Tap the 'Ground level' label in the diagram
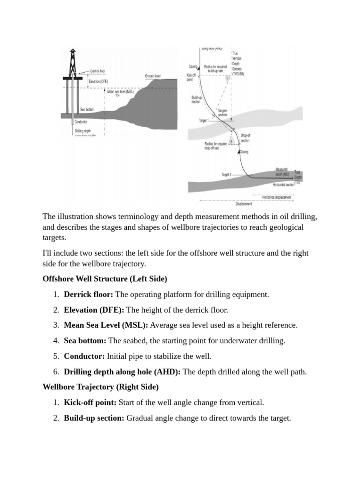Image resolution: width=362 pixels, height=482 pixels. click(x=154, y=76)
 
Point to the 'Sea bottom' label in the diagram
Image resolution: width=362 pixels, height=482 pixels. click(x=89, y=108)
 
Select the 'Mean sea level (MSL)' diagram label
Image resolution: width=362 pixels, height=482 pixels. click(x=117, y=92)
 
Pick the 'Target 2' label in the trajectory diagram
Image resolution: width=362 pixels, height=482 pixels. click(x=226, y=174)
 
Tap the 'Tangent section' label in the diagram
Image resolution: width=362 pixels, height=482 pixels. click(x=222, y=112)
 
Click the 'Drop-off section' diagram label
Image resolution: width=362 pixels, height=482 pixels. click(x=245, y=137)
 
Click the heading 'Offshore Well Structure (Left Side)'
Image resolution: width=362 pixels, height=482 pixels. click(x=105, y=279)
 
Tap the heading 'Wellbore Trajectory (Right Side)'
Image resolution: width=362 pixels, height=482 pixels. click(x=100, y=387)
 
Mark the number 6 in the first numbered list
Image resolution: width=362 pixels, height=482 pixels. click(x=56, y=371)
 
